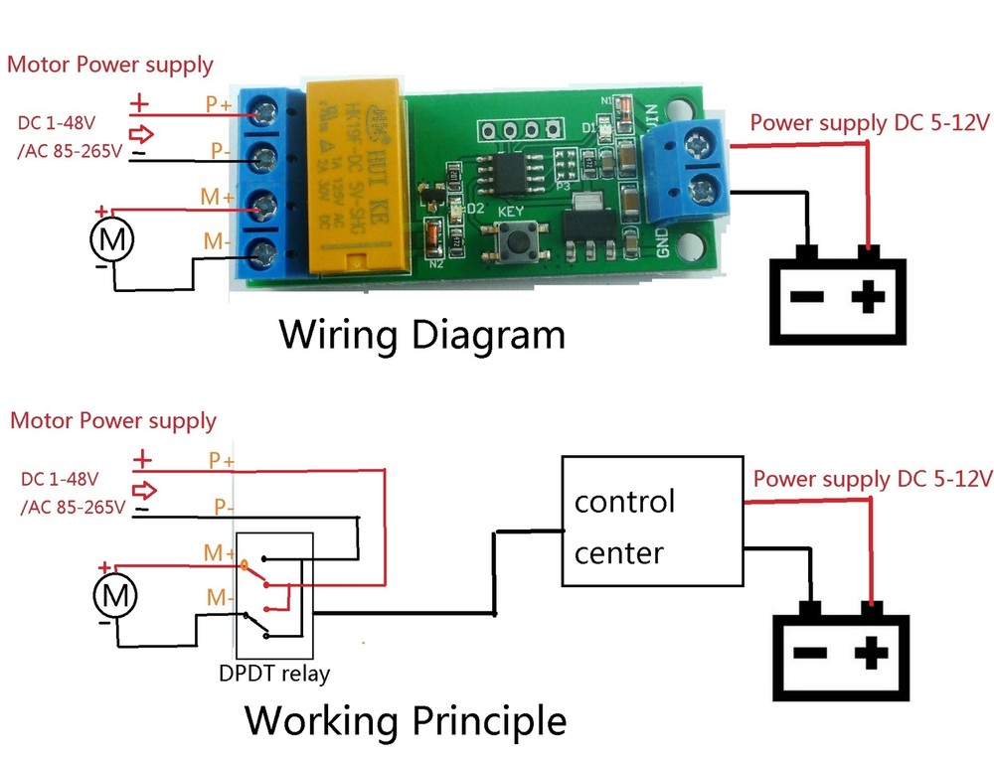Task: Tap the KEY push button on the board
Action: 516,237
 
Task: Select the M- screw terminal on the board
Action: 265,256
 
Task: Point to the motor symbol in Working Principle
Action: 115,596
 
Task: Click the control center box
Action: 651,523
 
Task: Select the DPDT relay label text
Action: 274,674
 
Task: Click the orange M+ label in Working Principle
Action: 218,551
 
